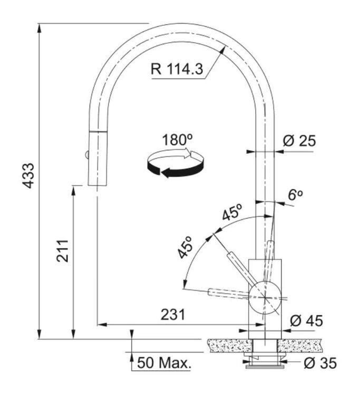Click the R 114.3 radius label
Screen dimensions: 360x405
177,69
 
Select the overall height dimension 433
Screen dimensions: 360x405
27,176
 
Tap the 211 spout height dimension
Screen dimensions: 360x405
63,251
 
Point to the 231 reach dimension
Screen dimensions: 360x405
173,315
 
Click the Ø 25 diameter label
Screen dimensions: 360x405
299,141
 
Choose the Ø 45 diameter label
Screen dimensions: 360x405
307,321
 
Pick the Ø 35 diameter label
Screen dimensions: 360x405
320,363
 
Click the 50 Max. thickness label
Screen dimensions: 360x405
164,363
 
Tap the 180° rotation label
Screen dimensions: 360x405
178,140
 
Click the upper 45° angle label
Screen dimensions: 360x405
232,212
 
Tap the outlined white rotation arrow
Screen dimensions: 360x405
176,154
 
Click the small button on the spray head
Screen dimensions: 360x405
86,155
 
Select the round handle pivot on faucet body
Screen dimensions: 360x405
265,298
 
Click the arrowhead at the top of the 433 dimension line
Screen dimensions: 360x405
39,27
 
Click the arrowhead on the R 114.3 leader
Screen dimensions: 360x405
222,50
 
